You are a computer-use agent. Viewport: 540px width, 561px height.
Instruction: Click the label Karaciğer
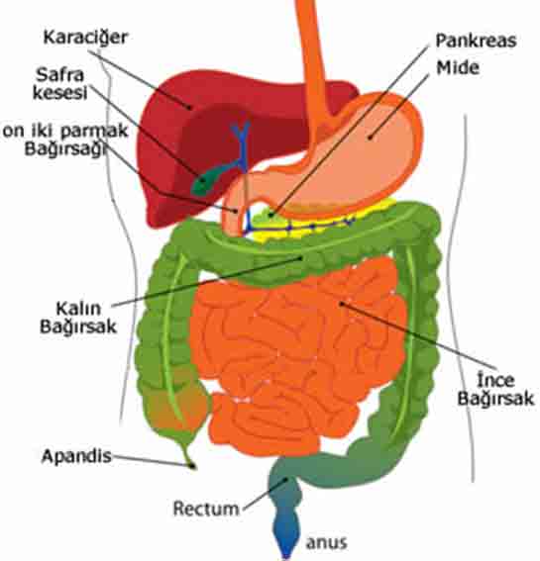click(85, 38)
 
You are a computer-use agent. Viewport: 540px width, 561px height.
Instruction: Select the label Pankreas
click(476, 41)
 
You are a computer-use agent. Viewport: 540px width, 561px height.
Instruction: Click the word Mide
click(458, 67)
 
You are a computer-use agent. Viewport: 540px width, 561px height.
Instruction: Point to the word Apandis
click(76, 456)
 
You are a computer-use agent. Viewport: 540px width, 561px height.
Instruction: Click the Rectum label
click(206, 509)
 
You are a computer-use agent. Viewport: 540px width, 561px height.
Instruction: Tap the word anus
click(326, 543)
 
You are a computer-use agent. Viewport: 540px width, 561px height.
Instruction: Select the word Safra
click(59, 75)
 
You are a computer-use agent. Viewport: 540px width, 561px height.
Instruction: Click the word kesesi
click(60, 93)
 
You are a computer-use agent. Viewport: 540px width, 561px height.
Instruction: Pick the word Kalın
click(78, 309)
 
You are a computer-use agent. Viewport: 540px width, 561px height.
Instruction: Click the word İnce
click(496, 379)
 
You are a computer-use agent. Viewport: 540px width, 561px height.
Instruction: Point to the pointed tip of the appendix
click(193, 466)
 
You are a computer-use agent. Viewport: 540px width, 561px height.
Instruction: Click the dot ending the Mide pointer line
click(370, 138)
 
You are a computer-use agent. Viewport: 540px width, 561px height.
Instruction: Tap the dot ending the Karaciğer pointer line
click(190, 107)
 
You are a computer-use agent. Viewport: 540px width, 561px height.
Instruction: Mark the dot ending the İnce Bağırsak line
click(342, 304)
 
